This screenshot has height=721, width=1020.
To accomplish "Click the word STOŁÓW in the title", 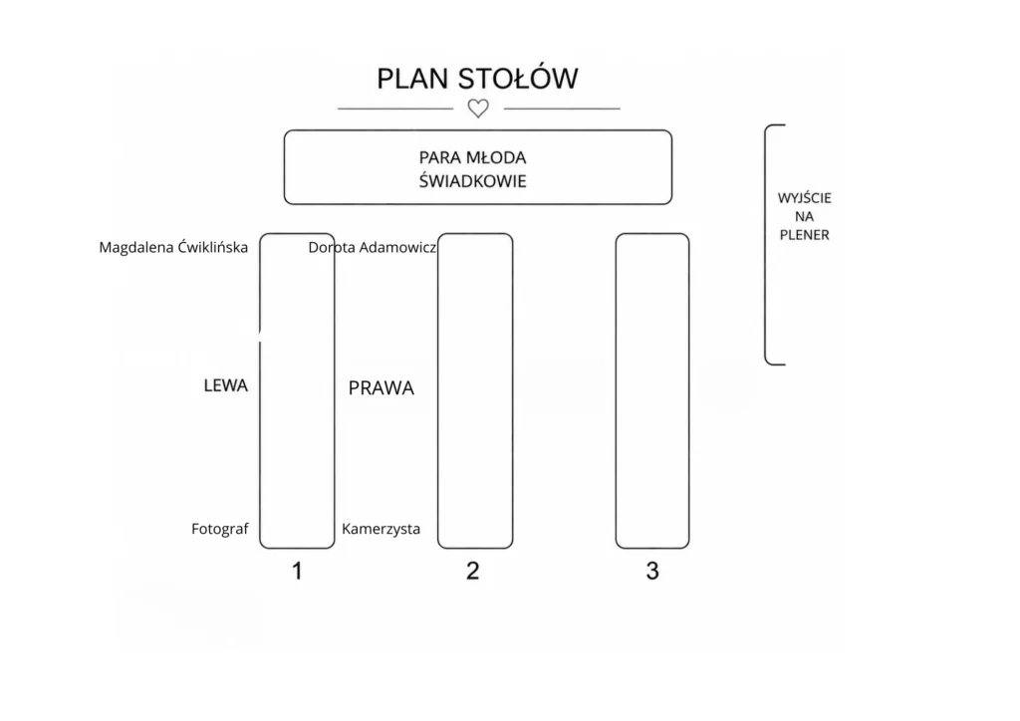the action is (518, 78).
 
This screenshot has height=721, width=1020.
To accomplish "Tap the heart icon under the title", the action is (478, 109).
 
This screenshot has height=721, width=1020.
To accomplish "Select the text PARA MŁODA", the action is (472, 158).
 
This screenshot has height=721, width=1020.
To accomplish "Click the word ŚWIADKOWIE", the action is (472, 180).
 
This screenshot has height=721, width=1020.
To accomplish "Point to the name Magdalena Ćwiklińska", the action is (173, 247).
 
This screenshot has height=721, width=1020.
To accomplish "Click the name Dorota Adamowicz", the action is (373, 247).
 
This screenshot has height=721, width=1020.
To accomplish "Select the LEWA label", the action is (226, 385).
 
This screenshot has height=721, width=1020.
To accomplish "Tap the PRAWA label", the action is (382, 388).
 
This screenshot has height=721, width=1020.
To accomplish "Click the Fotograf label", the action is (220, 529).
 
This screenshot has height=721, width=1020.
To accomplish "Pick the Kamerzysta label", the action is (381, 529).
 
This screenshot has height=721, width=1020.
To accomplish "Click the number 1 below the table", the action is (297, 571).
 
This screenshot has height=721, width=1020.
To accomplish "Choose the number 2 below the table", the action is (473, 571).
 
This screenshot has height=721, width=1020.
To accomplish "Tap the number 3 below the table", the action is (652, 571).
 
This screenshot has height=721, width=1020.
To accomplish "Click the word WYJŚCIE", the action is (804, 198).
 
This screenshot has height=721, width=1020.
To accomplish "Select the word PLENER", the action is (804, 235).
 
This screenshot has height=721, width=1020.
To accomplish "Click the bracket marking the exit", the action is (766, 244).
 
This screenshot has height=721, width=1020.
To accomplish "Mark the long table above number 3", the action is (617, 390).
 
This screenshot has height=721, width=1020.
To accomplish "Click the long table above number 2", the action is (438, 390).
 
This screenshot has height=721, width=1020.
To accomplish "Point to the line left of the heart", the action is (395, 109).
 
